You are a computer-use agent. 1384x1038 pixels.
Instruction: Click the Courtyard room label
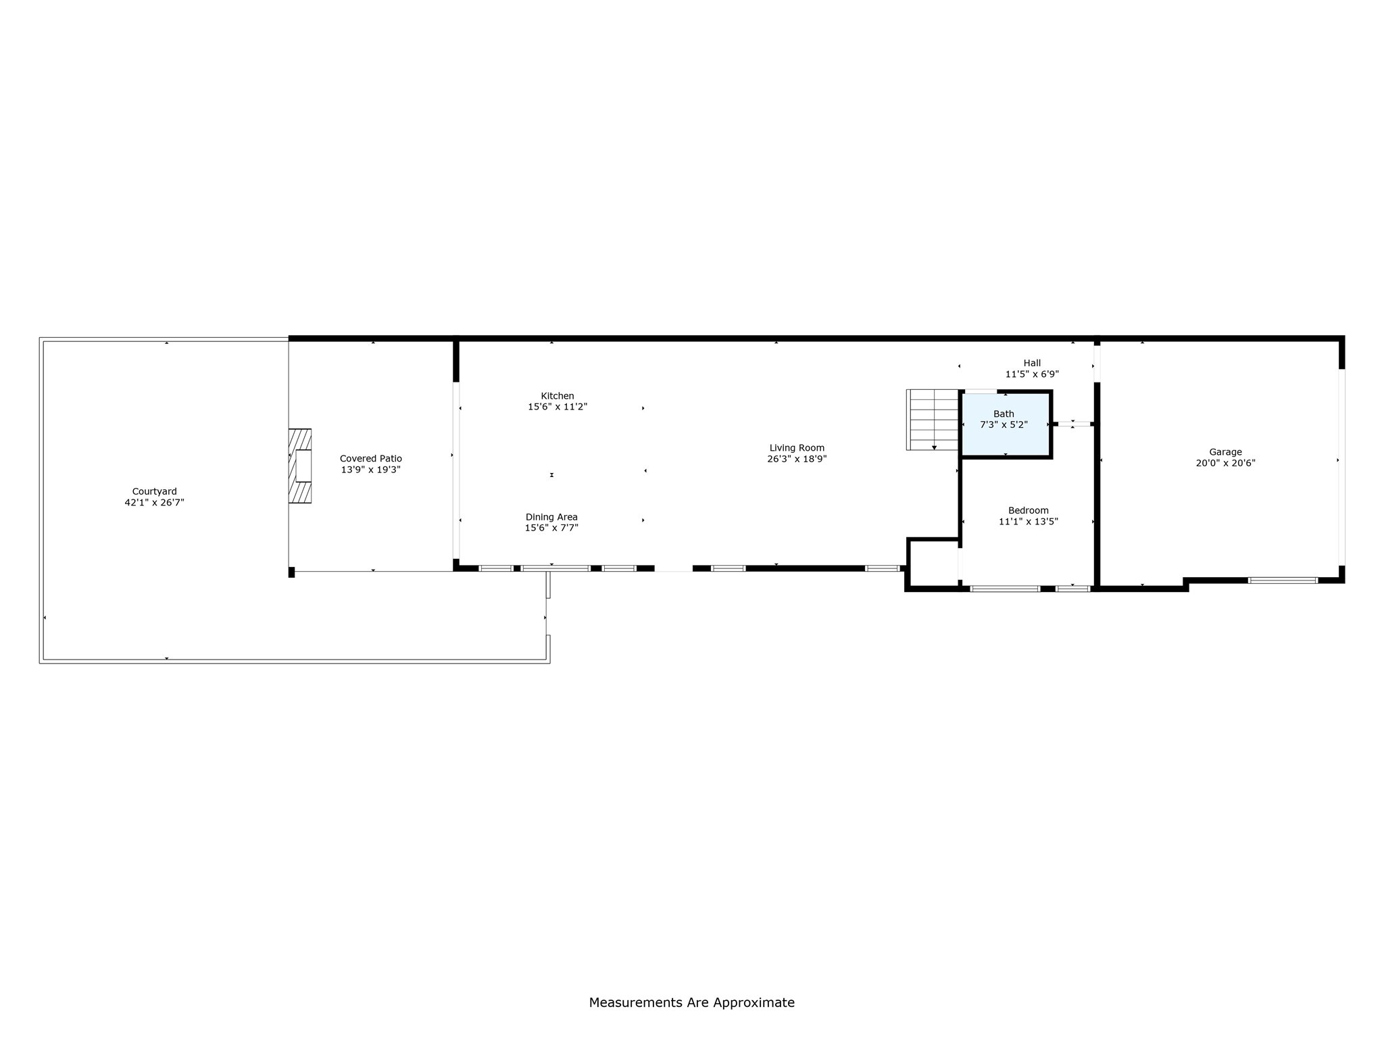point(154,491)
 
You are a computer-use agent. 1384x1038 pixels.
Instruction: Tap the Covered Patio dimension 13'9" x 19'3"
point(370,470)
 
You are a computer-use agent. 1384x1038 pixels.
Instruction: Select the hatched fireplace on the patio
point(300,466)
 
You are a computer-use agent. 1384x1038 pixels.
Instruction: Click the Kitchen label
point(557,396)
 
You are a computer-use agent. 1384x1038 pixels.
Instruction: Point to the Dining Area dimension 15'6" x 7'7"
point(551,528)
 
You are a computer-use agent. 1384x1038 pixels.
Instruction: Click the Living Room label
point(797,447)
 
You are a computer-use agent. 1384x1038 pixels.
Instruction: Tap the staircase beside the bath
point(933,420)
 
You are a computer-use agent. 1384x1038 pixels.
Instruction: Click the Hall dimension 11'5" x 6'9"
point(1031,374)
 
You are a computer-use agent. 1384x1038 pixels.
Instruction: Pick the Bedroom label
point(1028,510)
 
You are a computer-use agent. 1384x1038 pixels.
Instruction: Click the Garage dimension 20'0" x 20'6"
point(1225,463)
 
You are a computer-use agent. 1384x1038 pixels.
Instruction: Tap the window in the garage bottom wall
point(1282,580)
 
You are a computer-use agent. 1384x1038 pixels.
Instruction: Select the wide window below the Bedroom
point(1005,589)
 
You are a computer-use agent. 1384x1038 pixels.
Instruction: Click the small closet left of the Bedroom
point(933,562)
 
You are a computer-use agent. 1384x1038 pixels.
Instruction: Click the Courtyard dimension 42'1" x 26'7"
point(154,502)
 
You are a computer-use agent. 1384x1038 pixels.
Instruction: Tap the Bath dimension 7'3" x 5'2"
point(1004,424)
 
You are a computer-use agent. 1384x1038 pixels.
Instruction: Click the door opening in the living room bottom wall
point(673,568)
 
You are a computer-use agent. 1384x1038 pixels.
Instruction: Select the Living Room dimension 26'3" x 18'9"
point(797,459)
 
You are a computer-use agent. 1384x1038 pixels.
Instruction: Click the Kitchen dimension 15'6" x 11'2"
point(557,407)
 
